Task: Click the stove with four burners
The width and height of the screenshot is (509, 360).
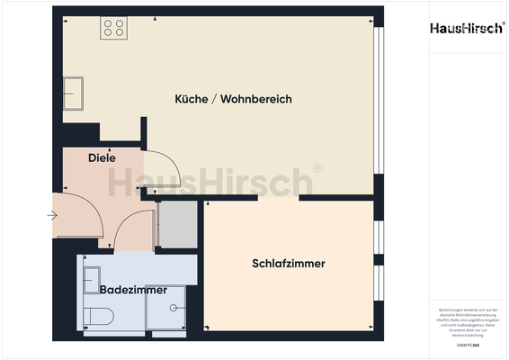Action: [x=113, y=28]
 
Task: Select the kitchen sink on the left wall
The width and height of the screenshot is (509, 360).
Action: [x=73, y=91]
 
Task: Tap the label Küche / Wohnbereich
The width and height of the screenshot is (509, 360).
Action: [x=233, y=99]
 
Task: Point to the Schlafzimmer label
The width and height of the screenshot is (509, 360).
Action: [x=288, y=264]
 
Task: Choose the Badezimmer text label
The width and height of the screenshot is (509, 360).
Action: [x=133, y=290]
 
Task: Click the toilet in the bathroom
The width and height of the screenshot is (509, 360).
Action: [x=97, y=316]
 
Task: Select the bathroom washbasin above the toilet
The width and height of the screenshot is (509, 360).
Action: [x=92, y=280]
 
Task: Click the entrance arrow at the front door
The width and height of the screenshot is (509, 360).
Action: [x=53, y=216]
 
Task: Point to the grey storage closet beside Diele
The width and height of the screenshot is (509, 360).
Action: [x=177, y=225]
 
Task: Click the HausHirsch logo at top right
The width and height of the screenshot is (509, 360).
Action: [x=465, y=29]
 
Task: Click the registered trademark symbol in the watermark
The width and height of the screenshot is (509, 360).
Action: [x=317, y=168]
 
